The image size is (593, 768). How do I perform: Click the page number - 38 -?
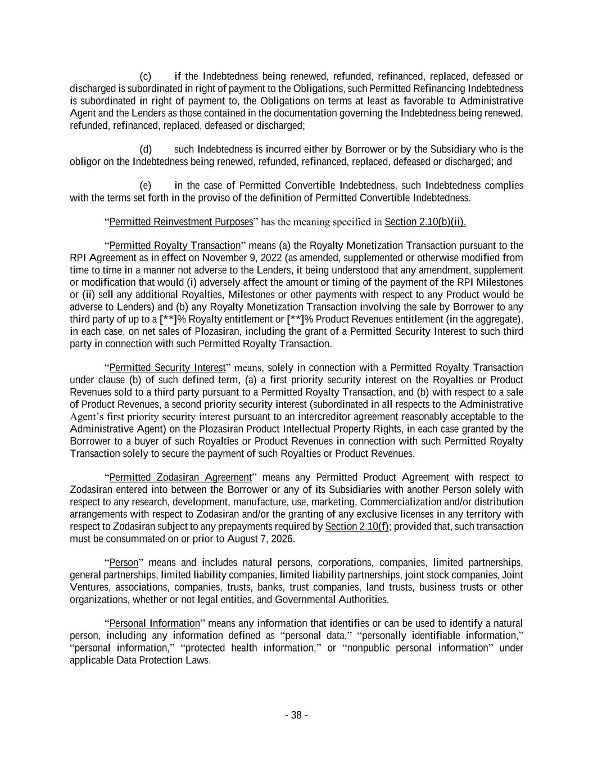[x=296, y=715]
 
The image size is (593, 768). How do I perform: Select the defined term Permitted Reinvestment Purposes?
[x=181, y=222]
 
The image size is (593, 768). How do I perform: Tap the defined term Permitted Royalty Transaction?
[x=175, y=246]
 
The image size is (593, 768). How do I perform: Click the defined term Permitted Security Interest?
[x=167, y=368]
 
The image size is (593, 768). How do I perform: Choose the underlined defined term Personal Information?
[x=155, y=623]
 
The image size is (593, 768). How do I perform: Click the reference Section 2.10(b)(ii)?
[x=425, y=222]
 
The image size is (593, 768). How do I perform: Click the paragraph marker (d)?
[x=146, y=150]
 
